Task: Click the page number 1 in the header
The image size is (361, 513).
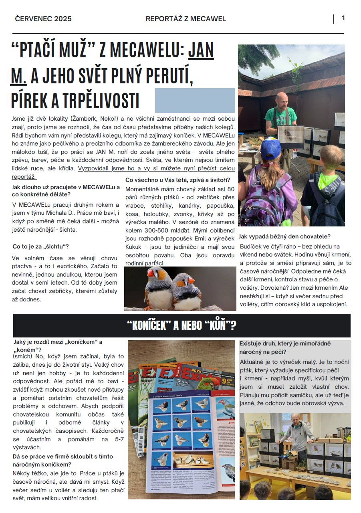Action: click(x=343, y=18)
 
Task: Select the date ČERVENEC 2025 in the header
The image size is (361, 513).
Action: click(x=43, y=19)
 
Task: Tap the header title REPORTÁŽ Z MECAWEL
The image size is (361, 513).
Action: click(x=186, y=19)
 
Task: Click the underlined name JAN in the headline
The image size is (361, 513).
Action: click(x=201, y=51)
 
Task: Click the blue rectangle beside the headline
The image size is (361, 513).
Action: click(x=195, y=100)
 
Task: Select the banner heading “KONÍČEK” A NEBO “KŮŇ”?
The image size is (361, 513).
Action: click(x=182, y=325)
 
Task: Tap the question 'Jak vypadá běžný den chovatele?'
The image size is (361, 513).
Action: click(x=284, y=236)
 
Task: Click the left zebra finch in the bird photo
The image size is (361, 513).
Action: click(x=158, y=287)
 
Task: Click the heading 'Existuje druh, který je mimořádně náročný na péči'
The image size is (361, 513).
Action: click(x=285, y=348)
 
